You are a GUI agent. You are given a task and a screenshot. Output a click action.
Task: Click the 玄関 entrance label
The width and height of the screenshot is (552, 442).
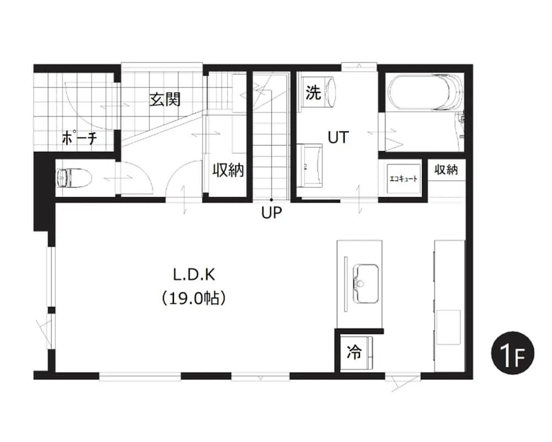pos(164,99)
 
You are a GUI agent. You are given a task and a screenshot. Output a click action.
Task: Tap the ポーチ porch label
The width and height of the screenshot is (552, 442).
pos(79,138)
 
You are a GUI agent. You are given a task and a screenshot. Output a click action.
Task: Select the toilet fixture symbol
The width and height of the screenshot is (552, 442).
pos(74,177)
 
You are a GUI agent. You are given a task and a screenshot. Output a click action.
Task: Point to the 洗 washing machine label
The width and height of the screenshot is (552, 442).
pos(313,92)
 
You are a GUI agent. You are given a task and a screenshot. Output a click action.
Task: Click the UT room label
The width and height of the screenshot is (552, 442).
pos(338,137)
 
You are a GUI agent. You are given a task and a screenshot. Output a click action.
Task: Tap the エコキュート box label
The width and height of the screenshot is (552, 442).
pos(403,178)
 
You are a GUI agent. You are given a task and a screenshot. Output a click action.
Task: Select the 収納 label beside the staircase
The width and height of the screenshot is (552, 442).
pos(228,170)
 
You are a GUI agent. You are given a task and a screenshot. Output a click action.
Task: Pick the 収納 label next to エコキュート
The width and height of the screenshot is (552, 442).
pos(446,170)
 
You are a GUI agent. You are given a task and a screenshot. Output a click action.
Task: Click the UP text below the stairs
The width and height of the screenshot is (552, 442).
pos(272,213)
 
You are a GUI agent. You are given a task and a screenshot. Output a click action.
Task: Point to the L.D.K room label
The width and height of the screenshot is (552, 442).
pos(194,275)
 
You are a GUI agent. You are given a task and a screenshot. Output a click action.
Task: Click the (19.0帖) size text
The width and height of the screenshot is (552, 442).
pos(194,298)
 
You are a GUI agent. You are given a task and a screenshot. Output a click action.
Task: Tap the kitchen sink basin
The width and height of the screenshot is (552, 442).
pos(366,283)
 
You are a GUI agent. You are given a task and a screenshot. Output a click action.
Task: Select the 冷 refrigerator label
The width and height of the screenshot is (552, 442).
pos(354,352)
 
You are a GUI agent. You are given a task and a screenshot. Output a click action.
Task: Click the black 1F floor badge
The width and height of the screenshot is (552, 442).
pos(513,353)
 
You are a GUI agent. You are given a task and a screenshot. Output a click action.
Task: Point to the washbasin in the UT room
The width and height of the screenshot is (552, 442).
pos(310,165)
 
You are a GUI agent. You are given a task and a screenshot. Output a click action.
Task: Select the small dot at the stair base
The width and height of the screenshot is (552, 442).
pos(271,200)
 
